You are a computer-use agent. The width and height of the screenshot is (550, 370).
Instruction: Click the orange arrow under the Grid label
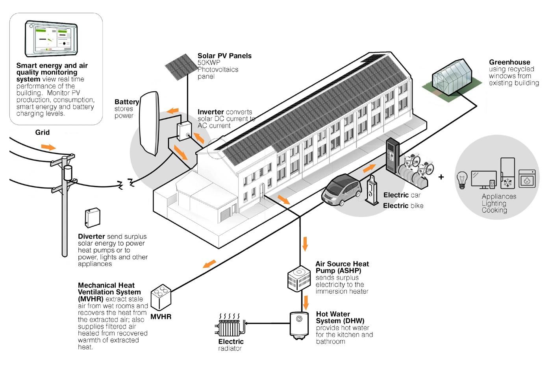48,147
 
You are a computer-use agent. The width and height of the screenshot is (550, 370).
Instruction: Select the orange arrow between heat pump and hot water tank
305,303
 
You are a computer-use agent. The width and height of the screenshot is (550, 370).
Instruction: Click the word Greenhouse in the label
509,62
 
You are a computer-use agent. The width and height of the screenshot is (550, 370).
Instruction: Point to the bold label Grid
43,132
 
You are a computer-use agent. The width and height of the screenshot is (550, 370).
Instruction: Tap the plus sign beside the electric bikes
441,177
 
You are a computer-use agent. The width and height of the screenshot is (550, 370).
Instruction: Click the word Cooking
494,210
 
